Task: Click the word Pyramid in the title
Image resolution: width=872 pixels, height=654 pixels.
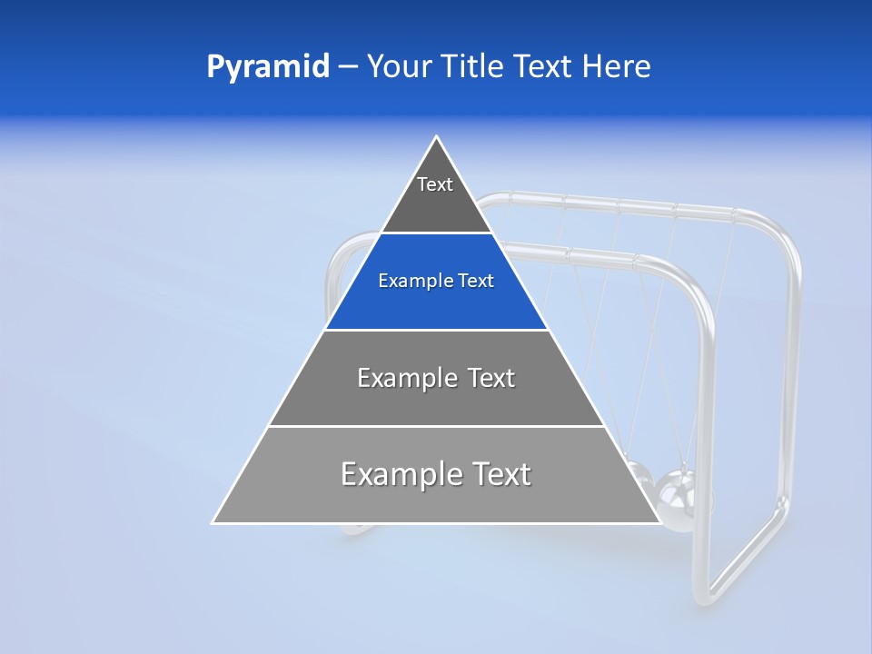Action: coord(267,67)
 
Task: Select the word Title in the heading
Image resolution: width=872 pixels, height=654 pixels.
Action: coord(475,67)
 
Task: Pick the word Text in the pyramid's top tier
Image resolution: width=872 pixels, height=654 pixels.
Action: coord(435,184)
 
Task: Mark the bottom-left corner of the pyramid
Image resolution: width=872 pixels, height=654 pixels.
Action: coord(213,522)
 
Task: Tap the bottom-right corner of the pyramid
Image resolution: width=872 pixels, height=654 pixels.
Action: coord(659,522)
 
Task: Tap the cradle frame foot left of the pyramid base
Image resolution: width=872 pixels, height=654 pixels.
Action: coord(350,530)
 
